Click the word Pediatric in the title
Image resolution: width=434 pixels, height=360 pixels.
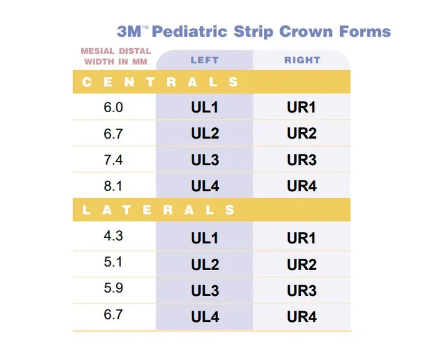(190, 31)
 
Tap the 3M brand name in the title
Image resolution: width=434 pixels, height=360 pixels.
(129, 31)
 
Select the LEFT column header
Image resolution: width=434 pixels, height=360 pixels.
(205, 60)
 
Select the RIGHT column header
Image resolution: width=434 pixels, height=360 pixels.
(302, 60)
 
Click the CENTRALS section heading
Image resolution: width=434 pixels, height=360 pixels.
(160, 82)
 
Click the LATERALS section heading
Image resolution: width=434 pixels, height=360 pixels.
(159, 210)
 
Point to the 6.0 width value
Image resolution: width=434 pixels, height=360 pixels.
(113, 107)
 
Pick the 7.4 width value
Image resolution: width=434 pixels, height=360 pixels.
(113, 160)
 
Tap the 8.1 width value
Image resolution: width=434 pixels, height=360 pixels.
(113, 186)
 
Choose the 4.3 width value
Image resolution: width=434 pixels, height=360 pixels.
(113, 236)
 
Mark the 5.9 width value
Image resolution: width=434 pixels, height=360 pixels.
(113, 288)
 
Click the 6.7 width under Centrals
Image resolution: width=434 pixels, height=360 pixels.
(113, 134)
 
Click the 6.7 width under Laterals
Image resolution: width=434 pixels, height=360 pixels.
(113, 314)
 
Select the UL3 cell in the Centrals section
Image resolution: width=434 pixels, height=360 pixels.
(205, 160)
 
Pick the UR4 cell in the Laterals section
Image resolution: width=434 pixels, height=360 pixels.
(302, 317)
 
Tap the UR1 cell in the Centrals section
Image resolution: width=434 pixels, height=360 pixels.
(301, 107)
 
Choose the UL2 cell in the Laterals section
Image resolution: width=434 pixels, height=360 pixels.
(205, 265)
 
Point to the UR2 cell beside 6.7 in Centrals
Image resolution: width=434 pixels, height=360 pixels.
(302, 133)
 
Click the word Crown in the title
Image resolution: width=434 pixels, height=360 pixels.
(306, 31)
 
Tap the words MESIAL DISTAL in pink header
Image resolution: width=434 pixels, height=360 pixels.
(116, 51)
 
